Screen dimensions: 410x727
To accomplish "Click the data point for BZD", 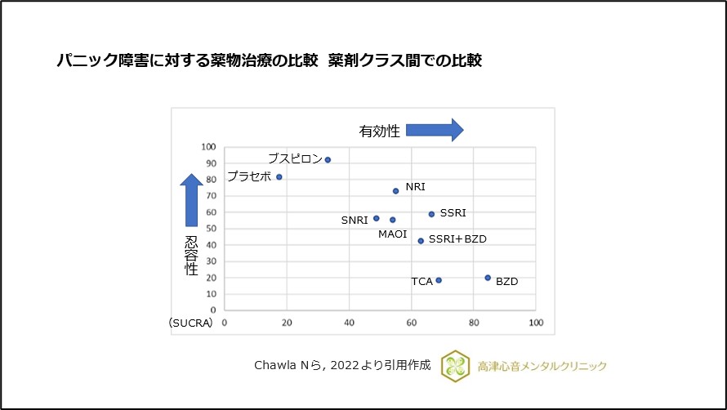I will click(488, 278).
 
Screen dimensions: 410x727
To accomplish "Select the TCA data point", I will click(439, 280).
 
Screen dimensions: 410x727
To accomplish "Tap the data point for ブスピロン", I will click(328, 160).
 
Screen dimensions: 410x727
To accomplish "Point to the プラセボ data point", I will click(279, 176).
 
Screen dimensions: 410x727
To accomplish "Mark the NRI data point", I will click(395, 191).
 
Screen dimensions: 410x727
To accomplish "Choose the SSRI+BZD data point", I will click(421, 241).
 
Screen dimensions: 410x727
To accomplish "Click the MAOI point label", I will click(392, 234).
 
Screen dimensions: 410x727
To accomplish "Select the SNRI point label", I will click(355, 220).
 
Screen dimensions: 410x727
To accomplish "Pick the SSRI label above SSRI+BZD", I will click(453, 213).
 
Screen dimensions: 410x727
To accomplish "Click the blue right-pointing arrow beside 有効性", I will click(435, 130).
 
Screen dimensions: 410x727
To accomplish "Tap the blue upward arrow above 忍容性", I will click(191, 200).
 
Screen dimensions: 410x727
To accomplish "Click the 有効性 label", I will click(380, 131).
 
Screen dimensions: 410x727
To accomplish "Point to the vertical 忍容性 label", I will click(191, 256).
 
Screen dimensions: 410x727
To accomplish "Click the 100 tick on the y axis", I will click(208, 148).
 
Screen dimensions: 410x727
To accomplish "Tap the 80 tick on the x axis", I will click(474, 323).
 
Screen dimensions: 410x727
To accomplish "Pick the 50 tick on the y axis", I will click(211, 229).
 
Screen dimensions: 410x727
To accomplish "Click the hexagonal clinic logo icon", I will click(455, 366).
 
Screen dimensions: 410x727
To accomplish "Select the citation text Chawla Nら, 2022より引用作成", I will click(342, 366).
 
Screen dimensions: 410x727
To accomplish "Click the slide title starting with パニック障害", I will click(269, 60).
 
